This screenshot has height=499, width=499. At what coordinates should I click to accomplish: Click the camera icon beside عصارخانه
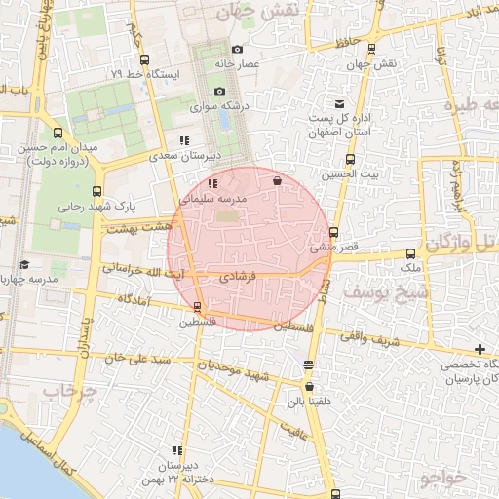(x=238, y=50)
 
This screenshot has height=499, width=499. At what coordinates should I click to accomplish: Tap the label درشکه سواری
(x=227, y=105)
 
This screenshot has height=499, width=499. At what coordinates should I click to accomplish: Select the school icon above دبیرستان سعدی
(x=183, y=140)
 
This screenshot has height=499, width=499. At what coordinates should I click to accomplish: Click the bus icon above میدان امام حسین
(x=58, y=134)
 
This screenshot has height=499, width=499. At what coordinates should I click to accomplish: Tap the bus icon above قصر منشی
(x=333, y=233)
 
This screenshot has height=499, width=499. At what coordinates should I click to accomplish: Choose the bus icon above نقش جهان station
(x=371, y=49)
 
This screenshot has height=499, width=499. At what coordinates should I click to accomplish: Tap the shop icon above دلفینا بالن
(x=309, y=365)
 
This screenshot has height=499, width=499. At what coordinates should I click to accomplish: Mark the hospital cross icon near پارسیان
(x=480, y=349)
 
